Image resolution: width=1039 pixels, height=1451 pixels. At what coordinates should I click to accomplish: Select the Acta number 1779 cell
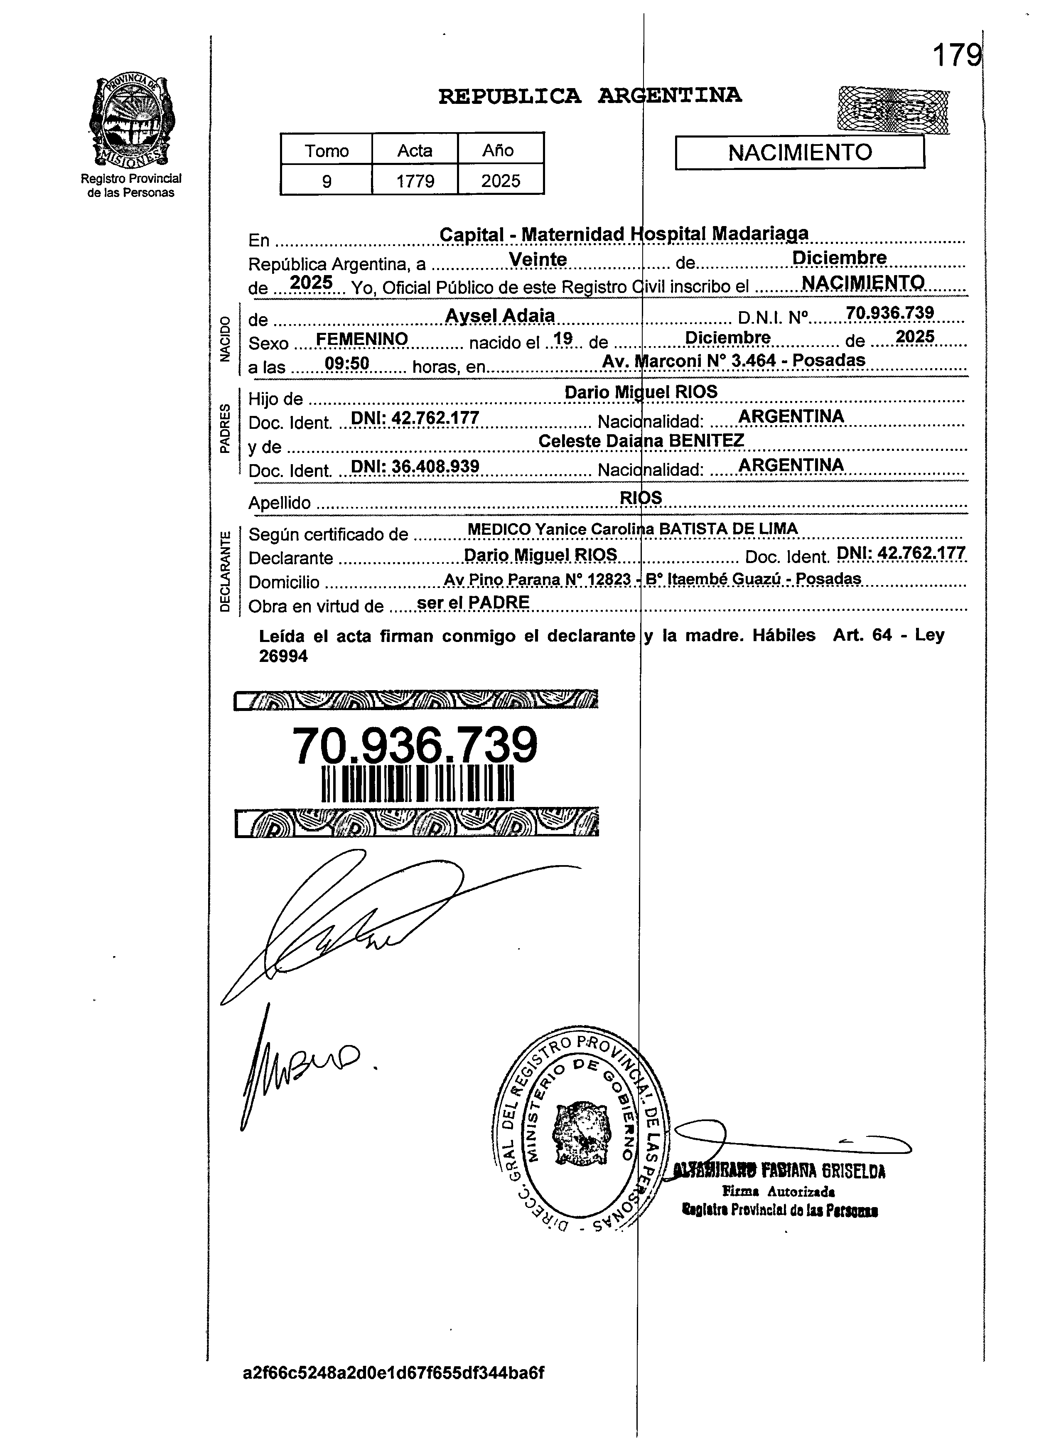[415, 181]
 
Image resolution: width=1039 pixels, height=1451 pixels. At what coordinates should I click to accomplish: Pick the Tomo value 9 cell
[326, 181]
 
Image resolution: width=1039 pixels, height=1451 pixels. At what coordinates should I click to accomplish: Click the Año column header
[498, 150]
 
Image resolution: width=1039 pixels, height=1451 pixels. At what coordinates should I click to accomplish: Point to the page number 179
[956, 56]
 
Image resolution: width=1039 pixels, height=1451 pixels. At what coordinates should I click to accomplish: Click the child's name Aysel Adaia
[500, 315]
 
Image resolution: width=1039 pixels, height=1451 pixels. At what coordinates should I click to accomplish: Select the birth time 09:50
[347, 364]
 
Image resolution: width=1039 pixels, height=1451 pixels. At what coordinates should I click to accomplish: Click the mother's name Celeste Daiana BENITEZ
[641, 441]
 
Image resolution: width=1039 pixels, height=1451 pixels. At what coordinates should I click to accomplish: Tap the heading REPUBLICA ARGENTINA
[590, 96]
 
